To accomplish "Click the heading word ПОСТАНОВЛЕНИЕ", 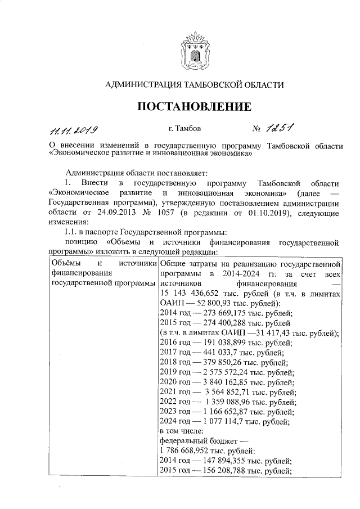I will click(x=195, y=107).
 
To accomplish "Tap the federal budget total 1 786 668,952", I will click(x=189, y=451).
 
